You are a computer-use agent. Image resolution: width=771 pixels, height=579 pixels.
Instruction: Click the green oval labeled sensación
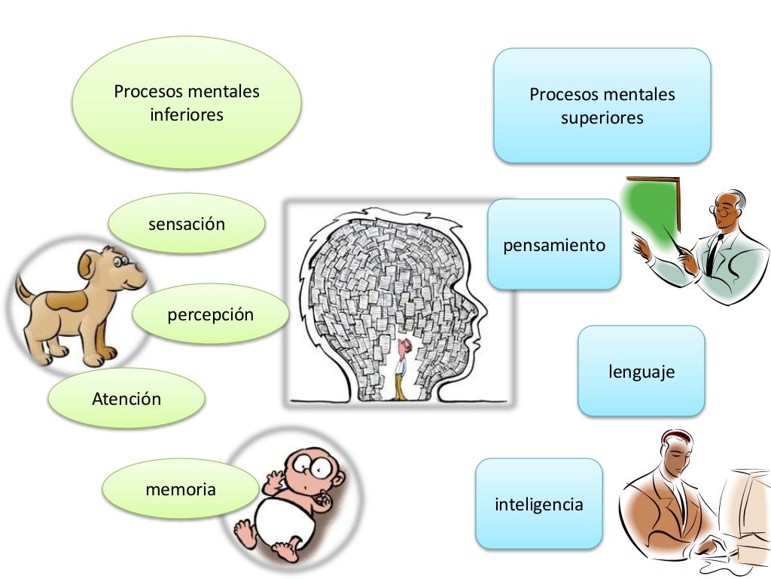pos(187,224)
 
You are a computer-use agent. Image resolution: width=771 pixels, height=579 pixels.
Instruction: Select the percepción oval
pos(210,314)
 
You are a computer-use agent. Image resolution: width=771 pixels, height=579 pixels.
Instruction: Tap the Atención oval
pos(126,399)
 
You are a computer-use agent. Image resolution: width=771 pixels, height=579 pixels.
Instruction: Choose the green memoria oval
pos(180,489)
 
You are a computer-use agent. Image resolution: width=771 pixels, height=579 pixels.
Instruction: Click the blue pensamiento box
pos(553,244)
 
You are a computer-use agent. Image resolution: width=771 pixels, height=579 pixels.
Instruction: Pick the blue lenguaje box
pos(641,371)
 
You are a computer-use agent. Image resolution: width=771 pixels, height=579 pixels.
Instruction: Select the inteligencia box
pos(538,504)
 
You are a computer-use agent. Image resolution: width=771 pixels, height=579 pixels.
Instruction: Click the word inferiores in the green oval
pos(187,115)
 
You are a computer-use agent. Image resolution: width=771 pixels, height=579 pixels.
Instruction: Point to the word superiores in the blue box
pos(602,118)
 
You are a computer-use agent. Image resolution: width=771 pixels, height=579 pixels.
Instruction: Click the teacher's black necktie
pos(712,253)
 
